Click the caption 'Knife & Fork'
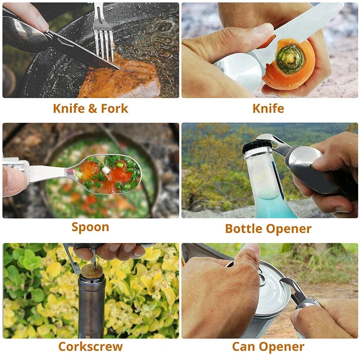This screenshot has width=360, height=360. coord(90,108)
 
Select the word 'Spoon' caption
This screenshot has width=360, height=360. coord(90,227)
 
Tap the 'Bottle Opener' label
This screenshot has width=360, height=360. coord(268,229)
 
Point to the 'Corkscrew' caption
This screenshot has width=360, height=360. coord(90,346)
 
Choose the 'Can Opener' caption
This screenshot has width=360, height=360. coord(268,347)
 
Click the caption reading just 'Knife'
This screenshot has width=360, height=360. coord(268,108)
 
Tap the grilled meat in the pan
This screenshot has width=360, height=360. coord(119,78)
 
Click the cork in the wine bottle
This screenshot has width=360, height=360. coord(92,271)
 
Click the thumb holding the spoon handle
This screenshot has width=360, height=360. coord(14,181)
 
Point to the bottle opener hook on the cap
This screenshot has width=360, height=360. coord(267,139)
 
